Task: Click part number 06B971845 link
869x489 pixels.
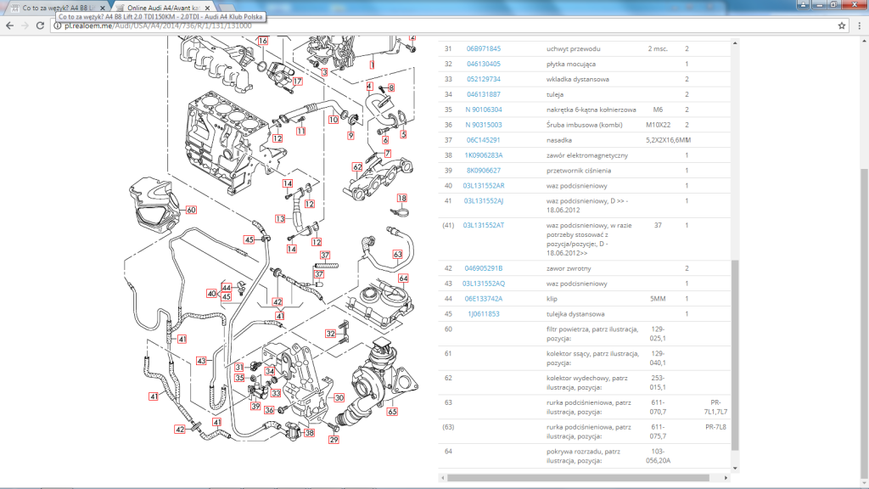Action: click(483, 48)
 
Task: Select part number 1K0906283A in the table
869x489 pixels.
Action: click(483, 155)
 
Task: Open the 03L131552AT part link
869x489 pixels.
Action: click(483, 225)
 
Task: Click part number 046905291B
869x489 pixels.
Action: click(483, 268)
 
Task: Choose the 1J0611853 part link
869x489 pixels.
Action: click(483, 314)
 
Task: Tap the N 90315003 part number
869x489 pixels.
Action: click(483, 125)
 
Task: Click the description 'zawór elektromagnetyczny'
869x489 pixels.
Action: click(587, 155)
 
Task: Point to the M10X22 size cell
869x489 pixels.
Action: click(658, 125)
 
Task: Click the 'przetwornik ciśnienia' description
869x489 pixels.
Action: click(579, 171)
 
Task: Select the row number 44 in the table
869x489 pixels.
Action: click(448, 299)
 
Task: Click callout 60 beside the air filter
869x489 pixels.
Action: click(191, 211)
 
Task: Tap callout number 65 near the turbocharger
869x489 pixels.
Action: click(392, 412)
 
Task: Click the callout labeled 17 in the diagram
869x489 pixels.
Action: click(298, 81)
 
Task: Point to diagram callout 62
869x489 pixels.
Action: click(357, 167)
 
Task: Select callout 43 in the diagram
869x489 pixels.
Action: click(201, 361)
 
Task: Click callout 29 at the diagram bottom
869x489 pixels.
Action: click(334, 440)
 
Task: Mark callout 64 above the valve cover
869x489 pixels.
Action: click(403, 278)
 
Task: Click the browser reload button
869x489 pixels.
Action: click(40, 25)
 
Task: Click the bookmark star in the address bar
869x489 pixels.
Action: click(842, 25)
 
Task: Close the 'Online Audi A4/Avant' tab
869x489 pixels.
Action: click(207, 8)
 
